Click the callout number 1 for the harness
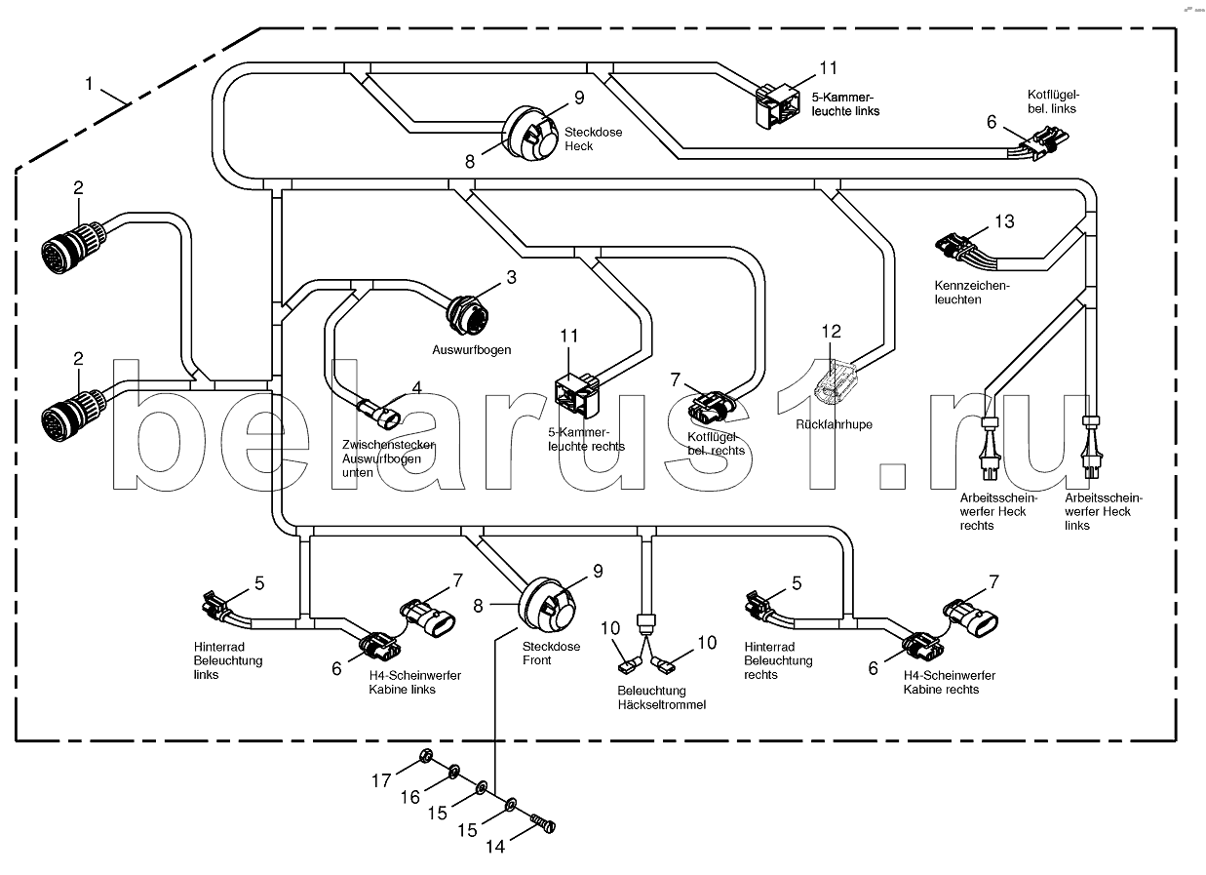[89, 84]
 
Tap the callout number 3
[509, 278]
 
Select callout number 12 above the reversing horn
[830, 332]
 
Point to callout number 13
[1003, 221]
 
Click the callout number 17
[381, 779]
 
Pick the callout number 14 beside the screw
[495, 847]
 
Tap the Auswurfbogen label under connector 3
[472, 348]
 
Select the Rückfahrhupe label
[834, 424]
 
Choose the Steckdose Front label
[551, 654]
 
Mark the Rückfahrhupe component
[836, 382]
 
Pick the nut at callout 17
[425, 756]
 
